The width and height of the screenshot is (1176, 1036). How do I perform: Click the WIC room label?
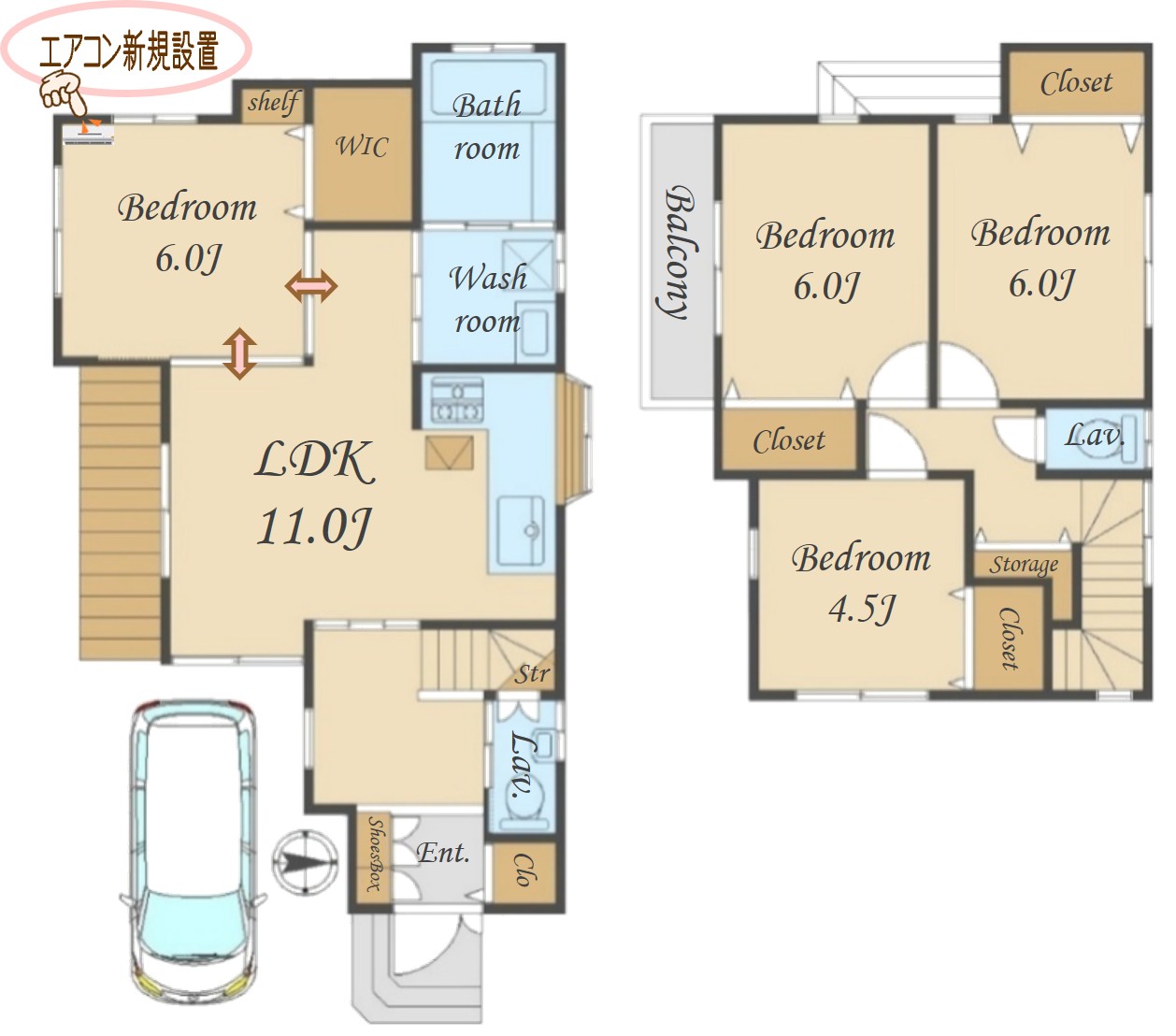click(x=361, y=146)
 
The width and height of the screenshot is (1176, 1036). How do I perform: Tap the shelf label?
click(x=273, y=104)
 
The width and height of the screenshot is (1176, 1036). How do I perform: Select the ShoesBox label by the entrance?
click(x=374, y=855)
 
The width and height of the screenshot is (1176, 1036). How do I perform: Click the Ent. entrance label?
click(x=442, y=853)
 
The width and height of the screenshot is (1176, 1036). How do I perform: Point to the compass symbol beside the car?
click(x=306, y=863)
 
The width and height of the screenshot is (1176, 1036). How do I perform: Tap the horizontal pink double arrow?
click(x=311, y=286)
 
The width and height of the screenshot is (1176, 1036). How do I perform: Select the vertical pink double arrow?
click(x=239, y=353)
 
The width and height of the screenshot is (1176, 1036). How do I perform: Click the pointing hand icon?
click(x=63, y=93)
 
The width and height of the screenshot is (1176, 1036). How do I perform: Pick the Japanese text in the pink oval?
click(x=129, y=51)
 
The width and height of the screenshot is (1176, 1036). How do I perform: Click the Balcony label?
click(x=678, y=252)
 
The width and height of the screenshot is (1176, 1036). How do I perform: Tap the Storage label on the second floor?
click(x=1024, y=564)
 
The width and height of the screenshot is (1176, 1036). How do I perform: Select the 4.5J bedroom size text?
click(x=861, y=610)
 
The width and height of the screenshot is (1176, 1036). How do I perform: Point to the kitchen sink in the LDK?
click(x=521, y=529)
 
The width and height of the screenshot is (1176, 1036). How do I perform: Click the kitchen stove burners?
click(x=457, y=400)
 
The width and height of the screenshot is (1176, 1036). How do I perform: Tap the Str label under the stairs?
click(x=532, y=673)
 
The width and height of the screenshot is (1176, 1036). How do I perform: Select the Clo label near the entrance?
click(x=523, y=870)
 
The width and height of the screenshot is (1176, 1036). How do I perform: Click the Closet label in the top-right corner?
click(x=1076, y=83)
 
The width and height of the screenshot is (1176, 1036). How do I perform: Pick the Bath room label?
click(x=486, y=126)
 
